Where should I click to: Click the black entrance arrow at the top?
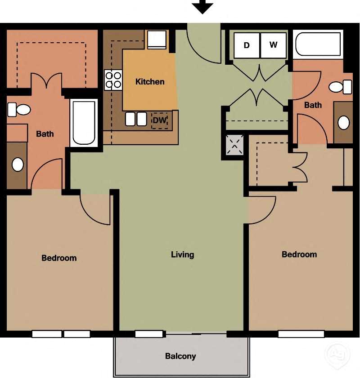coord(202,7)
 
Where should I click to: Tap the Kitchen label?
coord(150,82)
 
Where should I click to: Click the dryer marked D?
coord(247,45)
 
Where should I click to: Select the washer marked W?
coord(273,45)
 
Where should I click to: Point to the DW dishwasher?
coord(160,120)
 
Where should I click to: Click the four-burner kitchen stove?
coord(113,80)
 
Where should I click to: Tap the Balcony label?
coord(180,356)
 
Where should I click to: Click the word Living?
coord(182,255)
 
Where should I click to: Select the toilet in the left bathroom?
coord(19,109)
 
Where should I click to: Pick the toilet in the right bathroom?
coord(341,86)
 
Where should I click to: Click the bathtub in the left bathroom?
coord(84,123)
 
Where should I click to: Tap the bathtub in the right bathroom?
coord(318,44)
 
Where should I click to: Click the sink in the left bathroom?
coord(18,165)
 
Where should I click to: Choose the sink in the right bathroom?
coord(344,122)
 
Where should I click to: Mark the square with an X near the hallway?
coord(234,144)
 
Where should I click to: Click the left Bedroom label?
coord(59,258)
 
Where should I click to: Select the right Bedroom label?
coord(299,254)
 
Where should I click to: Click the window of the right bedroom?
coord(301,334)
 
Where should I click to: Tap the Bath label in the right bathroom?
coord(313,105)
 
